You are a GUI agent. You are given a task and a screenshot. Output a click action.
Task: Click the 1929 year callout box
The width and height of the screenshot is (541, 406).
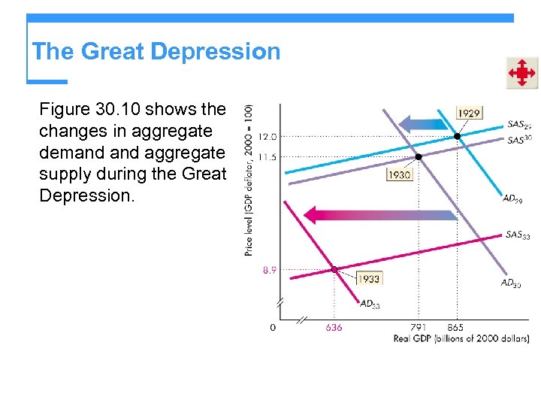tap(469, 113)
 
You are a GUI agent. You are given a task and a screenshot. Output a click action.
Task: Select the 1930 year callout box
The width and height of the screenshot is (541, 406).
tap(399, 174)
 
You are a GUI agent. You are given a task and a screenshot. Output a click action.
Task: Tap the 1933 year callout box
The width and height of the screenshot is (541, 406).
tap(369, 278)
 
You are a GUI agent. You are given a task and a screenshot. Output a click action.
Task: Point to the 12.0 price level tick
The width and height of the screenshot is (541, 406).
tap(267, 137)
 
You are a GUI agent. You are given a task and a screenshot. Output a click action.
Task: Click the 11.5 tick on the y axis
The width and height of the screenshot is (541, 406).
tap(267, 156)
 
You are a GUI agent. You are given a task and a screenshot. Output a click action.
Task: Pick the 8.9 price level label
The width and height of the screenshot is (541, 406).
tap(269, 269)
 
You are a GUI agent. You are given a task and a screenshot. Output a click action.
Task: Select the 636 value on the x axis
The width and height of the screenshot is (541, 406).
tap(334, 328)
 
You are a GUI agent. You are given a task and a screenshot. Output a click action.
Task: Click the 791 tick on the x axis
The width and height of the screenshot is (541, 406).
tap(419, 328)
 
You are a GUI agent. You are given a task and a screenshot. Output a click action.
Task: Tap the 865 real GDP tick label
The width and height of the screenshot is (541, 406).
tap(455, 328)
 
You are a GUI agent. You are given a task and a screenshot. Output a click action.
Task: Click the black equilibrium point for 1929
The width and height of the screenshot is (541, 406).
tap(457, 137)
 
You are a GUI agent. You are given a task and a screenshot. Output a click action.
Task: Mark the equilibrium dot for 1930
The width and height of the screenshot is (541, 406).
tap(419, 156)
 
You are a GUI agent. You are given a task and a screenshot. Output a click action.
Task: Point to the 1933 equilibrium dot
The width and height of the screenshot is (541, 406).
tap(334, 269)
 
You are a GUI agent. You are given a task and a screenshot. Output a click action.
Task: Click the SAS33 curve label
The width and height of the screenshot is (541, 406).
tap(518, 235)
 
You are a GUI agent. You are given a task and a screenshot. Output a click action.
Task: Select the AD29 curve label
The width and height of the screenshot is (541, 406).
tap(513, 198)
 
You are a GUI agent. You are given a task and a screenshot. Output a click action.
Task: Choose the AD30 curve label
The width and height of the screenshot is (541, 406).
tap(511, 283)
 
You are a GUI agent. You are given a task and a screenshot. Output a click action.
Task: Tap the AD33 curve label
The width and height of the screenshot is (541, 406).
tap(370, 304)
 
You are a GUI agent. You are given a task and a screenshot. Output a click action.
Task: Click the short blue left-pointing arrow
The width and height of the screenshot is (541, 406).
tap(422, 124)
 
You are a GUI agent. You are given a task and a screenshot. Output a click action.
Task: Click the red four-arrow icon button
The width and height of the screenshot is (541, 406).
tap(521, 73)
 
